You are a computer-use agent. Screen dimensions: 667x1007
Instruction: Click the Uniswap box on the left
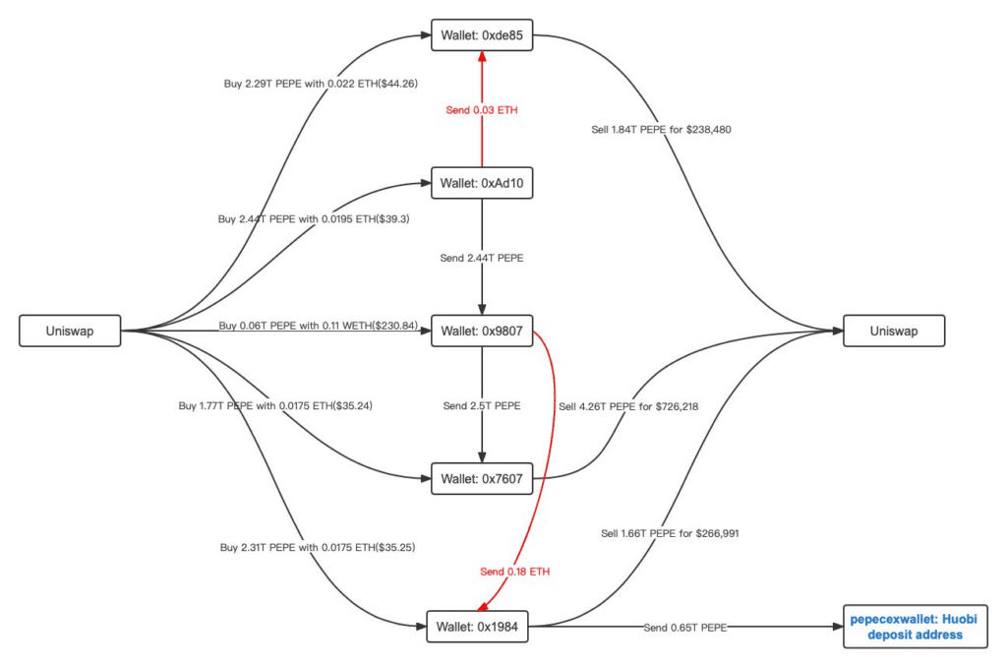pyautogui.click(x=70, y=331)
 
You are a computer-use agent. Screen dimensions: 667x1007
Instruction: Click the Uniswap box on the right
pyautogui.click(x=894, y=331)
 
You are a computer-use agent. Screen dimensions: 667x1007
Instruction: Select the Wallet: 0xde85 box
pyautogui.click(x=481, y=36)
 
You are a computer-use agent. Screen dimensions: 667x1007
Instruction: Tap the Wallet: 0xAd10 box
pyautogui.click(x=481, y=183)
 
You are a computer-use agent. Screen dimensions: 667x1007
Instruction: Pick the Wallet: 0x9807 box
pyautogui.click(x=481, y=331)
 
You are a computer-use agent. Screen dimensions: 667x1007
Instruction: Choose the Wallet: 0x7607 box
pyautogui.click(x=481, y=479)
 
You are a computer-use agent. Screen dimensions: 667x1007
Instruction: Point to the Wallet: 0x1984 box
pyautogui.click(x=478, y=626)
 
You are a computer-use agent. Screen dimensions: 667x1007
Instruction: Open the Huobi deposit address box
pyautogui.click(x=915, y=627)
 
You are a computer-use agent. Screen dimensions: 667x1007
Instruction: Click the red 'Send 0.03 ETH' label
pyautogui.click(x=482, y=110)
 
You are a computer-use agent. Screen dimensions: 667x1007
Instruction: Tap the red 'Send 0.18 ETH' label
pyautogui.click(x=513, y=572)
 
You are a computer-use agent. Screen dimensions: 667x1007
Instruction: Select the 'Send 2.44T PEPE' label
pyautogui.click(x=482, y=258)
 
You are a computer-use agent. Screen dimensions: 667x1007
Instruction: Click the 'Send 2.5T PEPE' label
pyautogui.click(x=482, y=405)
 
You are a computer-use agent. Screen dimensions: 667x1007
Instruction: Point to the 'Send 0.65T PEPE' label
pyautogui.click(x=685, y=627)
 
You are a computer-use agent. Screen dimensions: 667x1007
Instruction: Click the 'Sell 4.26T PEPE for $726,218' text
pyautogui.click(x=628, y=405)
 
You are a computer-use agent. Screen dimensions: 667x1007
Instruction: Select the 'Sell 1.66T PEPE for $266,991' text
pyautogui.click(x=670, y=533)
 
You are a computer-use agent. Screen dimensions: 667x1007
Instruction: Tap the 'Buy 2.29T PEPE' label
pyautogui.click(x=322, y=84)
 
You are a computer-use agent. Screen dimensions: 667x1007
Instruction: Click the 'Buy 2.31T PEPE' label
pyautogui.click(x=318, y=547)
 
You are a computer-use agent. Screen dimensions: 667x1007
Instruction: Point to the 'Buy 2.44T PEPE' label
pyautogui.click(x=314, y=219)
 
